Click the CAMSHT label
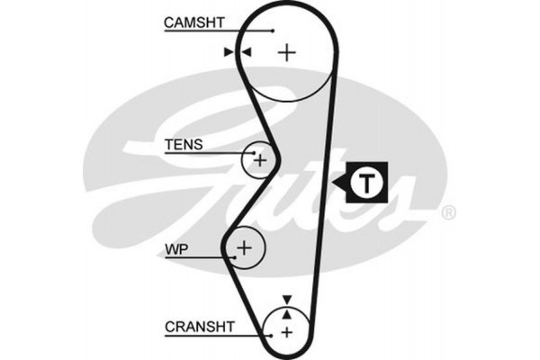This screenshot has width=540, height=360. [193, 21]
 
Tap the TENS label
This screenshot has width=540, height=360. [184, 144]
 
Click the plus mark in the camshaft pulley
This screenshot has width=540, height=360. [286, 52]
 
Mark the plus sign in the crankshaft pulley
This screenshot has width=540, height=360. [287, 332]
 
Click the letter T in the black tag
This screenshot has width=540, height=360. [366, 183]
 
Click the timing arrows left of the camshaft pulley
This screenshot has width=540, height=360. [236, 52]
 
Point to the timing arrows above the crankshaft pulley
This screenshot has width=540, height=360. [287, 306]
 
